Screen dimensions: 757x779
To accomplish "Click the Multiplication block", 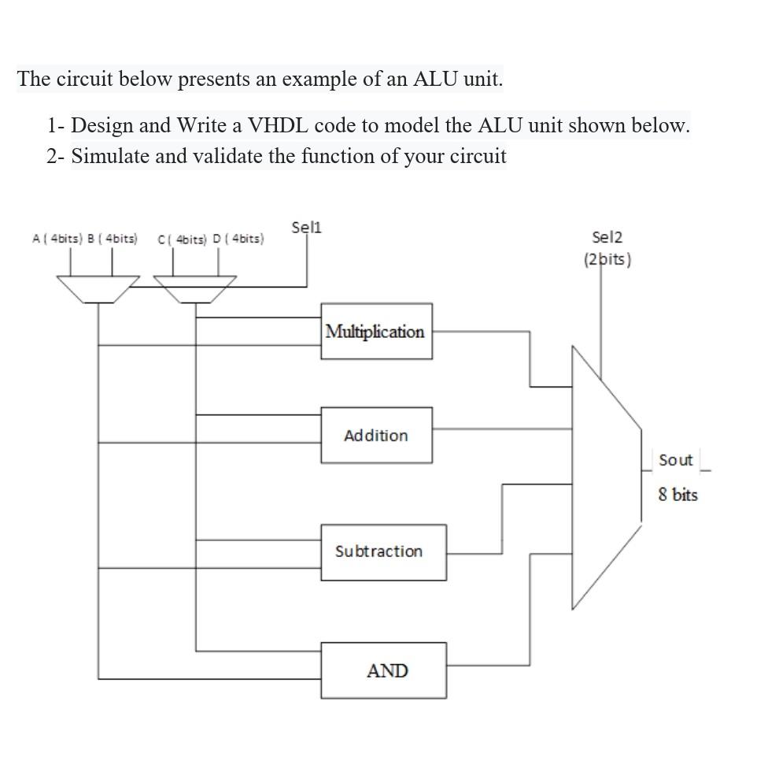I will pyautogui.click(x=375, y=332).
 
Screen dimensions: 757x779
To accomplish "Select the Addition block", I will pyautogui.click(x=375, y=435).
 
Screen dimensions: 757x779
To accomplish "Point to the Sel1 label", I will pyautogui.click(x=306, y=228).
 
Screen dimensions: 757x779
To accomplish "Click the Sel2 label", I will pyautogui.click(x=607, y=237).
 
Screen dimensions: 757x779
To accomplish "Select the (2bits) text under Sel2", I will pyautogui.click(x=607, y=259).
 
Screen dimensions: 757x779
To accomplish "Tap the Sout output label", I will pyautogui.click(x=675, y=460).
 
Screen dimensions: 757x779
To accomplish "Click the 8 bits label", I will pyautogui.click(x=677, y=495).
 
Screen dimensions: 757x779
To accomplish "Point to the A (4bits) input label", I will pyautogui.click(x=56, y=238).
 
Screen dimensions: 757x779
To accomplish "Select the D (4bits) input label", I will pyautogui.click(x=238, y=239).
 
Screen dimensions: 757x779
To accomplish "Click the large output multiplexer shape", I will pyautogui.click(x=606, y=477).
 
